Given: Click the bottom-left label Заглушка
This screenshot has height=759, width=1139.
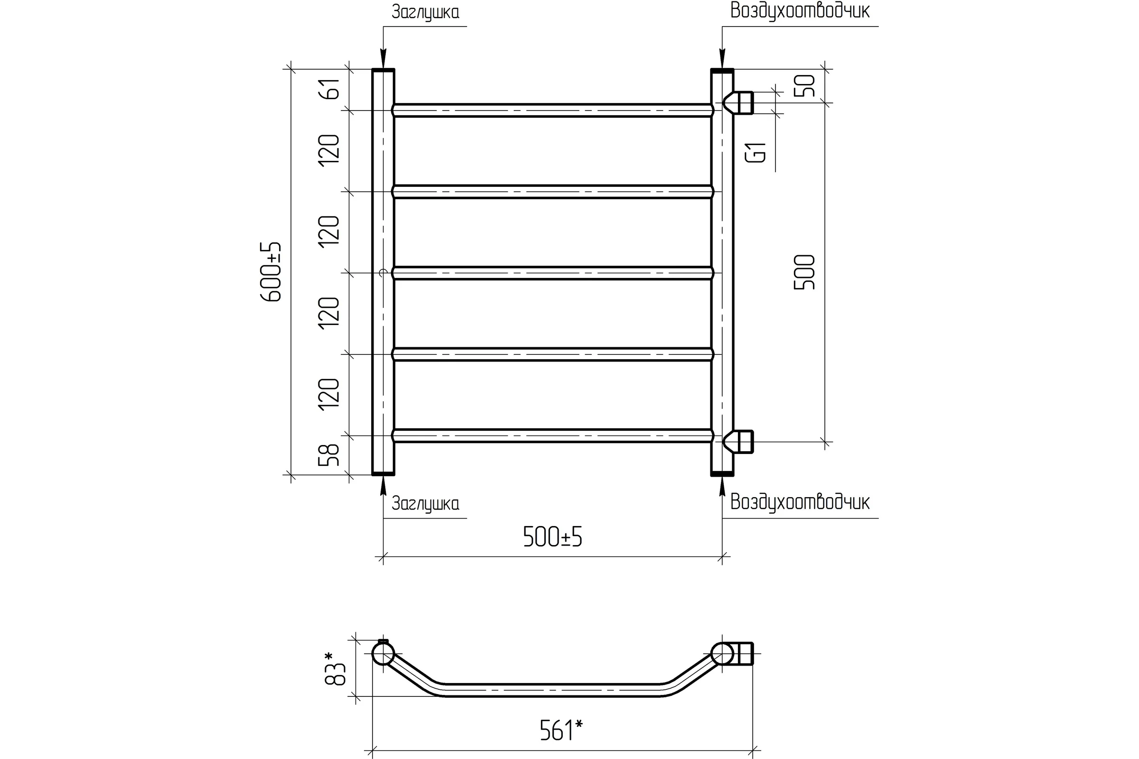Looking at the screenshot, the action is click(425, 504).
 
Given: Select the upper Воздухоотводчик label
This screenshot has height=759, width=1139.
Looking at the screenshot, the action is click(800, 11).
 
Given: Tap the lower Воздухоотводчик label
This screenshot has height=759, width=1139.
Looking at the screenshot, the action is click(800, 502).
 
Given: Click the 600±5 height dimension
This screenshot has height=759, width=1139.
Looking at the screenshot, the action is click(271, 272).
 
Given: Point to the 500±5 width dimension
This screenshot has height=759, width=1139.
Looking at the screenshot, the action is click(552, 537).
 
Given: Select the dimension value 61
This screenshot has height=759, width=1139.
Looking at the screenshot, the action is click(329, 88).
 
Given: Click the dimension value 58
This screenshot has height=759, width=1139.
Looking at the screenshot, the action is click(329, 455).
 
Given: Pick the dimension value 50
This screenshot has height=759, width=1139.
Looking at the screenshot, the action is click(804, 86).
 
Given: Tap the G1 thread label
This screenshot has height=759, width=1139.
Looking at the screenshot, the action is click(756, 153).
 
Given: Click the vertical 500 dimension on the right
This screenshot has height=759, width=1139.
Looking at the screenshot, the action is click(804, 272).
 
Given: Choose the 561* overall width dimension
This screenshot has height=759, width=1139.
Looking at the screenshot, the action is click(561, 731).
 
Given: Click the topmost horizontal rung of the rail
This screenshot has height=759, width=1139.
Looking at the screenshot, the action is click(552, 111).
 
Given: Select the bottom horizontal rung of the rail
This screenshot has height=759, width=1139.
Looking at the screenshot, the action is click(552, 435).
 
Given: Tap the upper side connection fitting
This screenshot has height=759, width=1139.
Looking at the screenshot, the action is click(738, 103).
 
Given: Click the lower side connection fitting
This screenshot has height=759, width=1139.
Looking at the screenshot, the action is click(738, 442).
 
